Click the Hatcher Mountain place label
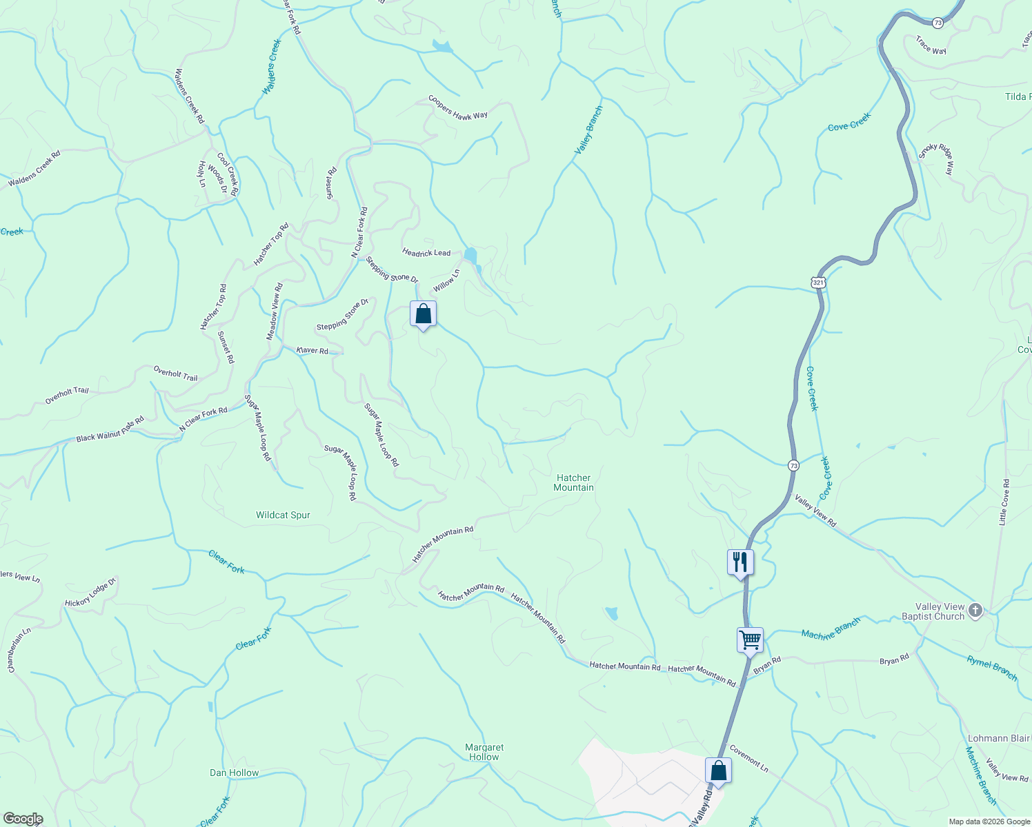click(573, 482)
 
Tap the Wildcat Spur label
click(283, 515)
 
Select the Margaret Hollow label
click(484, 752)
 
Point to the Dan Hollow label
click(234, 773)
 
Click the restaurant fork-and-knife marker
click(740, 562)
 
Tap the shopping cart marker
click(750, 640)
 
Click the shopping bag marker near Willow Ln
click(423, 314)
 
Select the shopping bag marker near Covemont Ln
click(718, 770)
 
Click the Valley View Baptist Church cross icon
click(975, 610)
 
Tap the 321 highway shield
click(817, 283)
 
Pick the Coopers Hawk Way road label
click(458, 108)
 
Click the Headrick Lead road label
click(426, 253)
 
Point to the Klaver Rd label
click(312, 350)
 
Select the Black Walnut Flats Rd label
click(110, 429)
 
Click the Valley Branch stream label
click(589, 130)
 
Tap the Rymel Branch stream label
click(991, 668)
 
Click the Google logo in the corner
click(23, 819)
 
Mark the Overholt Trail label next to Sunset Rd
click(175, 374)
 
